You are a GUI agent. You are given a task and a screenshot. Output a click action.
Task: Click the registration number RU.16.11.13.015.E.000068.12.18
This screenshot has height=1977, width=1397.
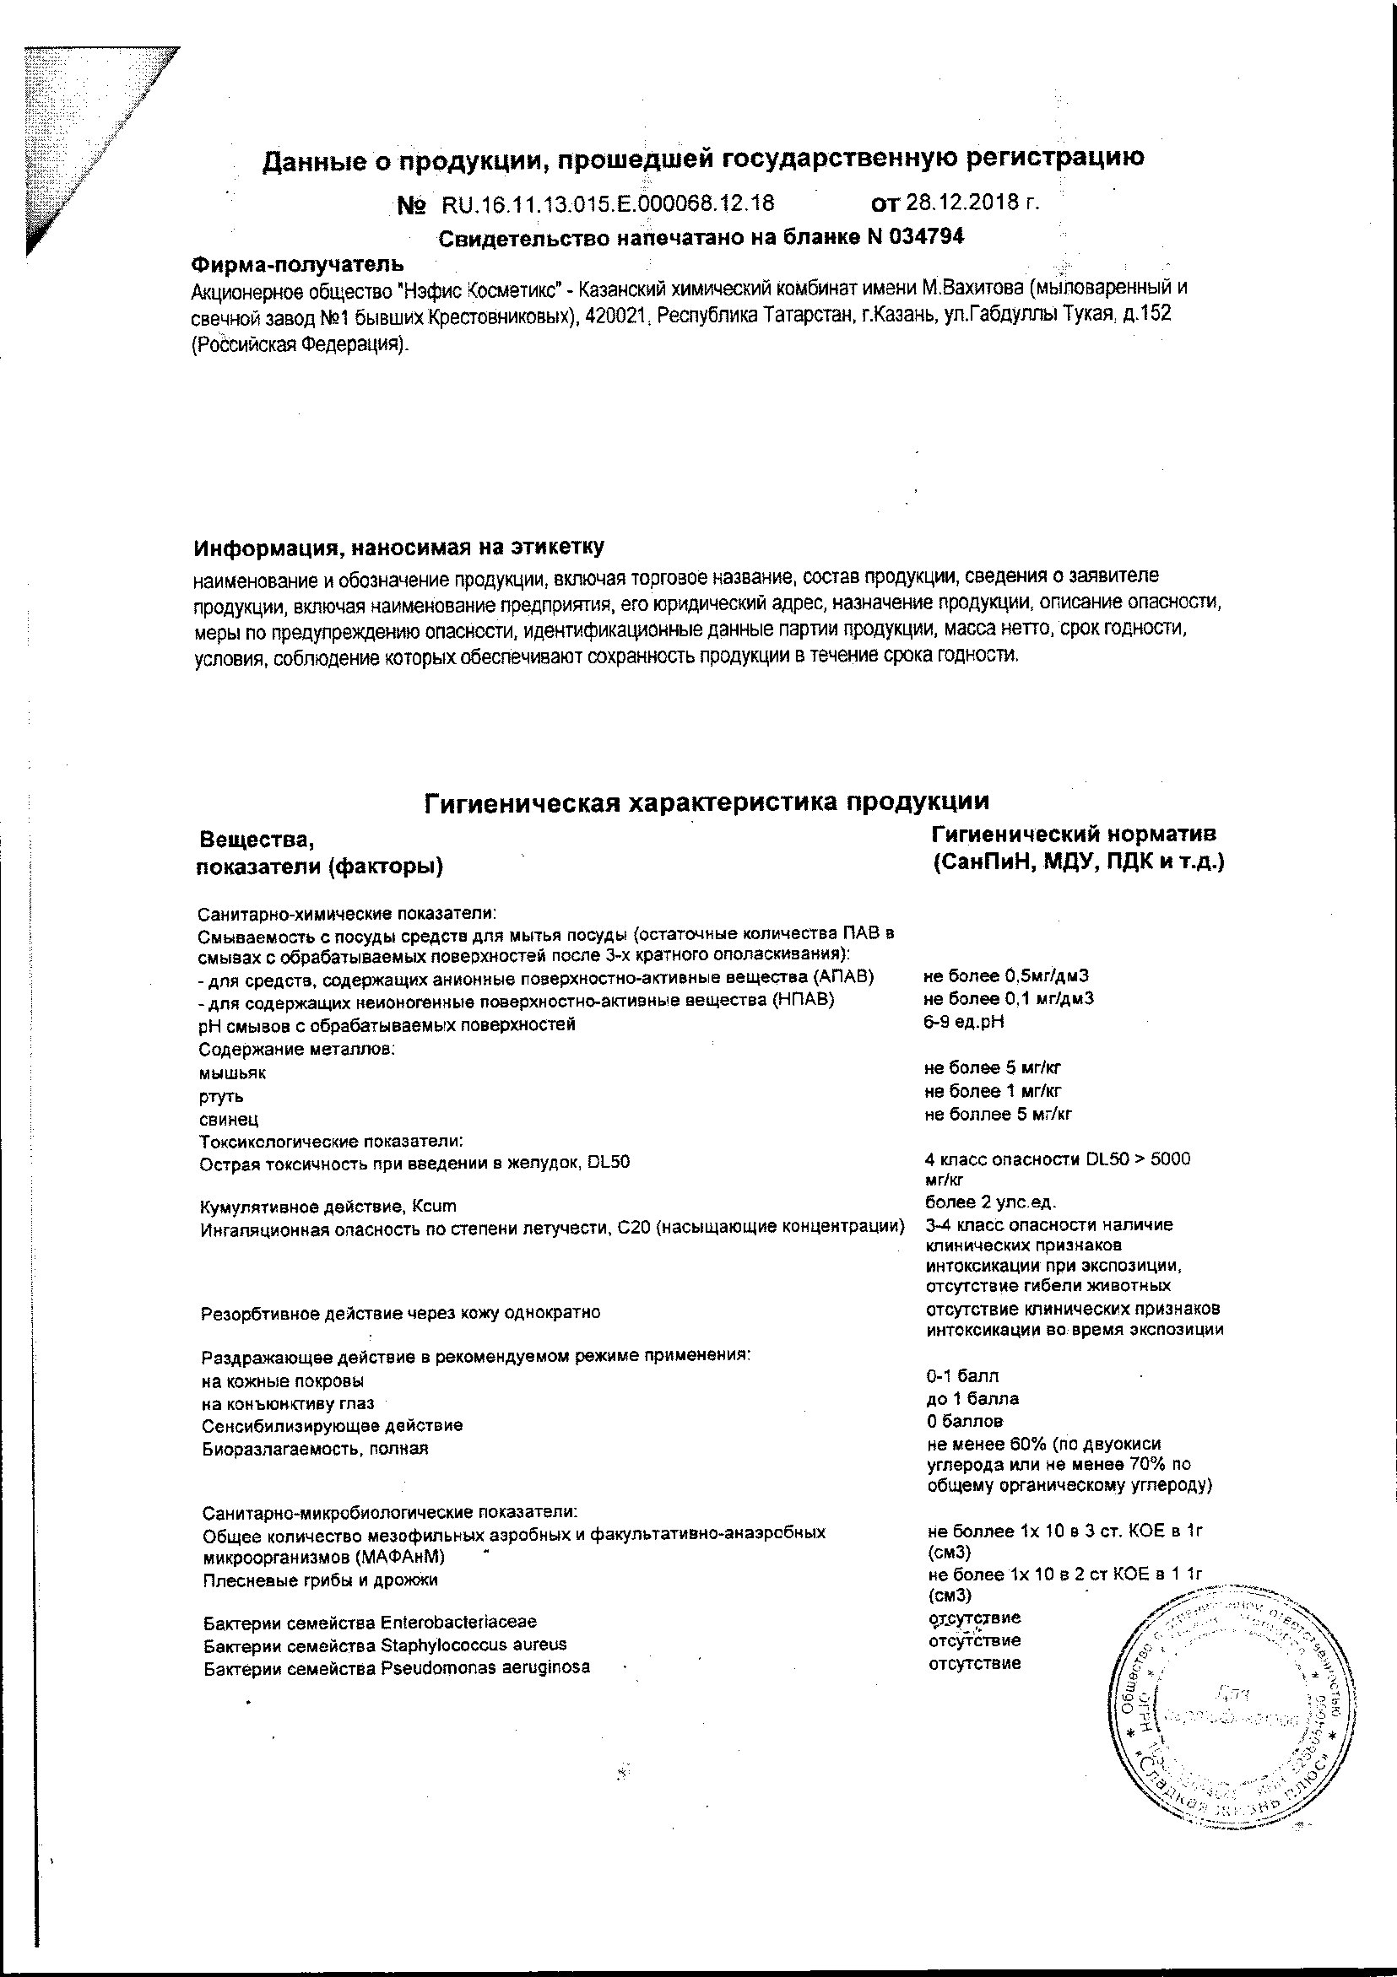tap(607, 203)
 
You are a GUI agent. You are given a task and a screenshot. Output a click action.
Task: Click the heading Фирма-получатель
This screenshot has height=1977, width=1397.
tap(296, 262)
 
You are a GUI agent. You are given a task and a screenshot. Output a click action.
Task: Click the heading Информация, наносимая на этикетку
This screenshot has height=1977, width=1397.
tap(398, 548)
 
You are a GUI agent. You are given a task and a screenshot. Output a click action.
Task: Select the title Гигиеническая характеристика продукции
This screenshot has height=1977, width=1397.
tap(707, 802)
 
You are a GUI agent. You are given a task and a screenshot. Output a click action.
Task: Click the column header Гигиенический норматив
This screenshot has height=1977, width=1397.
tap(1074, 834)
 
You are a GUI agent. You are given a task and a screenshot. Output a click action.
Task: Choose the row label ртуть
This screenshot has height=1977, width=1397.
tap(221, 1096)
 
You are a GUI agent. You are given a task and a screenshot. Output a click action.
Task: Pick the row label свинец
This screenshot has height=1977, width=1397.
tap(228, 1120)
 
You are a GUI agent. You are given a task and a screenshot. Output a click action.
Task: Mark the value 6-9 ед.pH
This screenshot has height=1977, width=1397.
tap(963, 1022)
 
